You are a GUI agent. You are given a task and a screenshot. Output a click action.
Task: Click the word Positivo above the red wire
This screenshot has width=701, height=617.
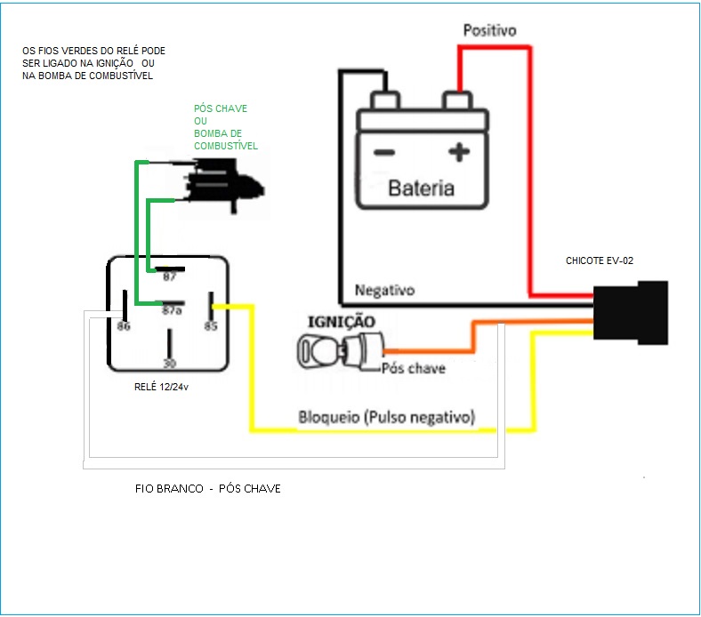[x=489, y=30]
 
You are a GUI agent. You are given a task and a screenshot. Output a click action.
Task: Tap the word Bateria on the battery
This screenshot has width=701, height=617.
[x=421, y=188]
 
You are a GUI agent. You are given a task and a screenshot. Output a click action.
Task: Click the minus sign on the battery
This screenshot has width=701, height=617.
[x=384, y=153]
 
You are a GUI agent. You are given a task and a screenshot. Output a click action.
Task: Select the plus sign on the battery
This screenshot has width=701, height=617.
[x=458, y=153]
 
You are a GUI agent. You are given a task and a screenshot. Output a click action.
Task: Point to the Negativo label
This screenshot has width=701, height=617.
[x=384, y=291]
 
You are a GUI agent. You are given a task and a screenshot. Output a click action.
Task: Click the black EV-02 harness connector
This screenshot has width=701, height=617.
[x=632, y=313]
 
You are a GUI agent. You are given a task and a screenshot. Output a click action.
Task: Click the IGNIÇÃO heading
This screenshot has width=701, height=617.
[x=341, y=321]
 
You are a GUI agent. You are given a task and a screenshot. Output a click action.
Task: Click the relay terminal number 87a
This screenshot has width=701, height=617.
[x=171, y=310]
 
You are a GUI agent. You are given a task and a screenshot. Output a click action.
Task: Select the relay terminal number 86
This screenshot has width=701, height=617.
[x=124, y=327]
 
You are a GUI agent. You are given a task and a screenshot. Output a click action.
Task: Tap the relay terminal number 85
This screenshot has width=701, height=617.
[x=211, y=326]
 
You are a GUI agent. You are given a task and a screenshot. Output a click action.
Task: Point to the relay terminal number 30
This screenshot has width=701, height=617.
[x=168, y=363]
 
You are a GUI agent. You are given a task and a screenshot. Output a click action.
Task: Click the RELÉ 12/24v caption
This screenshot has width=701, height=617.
[x=166, y=388]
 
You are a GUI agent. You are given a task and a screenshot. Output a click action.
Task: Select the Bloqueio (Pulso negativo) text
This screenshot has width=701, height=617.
[x=386, y=417]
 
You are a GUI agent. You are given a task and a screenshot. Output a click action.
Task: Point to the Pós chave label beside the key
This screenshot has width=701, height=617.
[x=413, y=368]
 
